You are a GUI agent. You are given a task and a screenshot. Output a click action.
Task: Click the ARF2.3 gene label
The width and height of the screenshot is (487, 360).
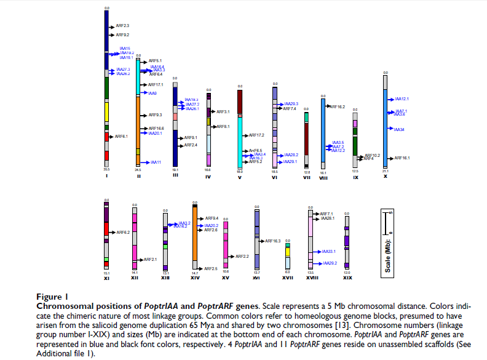point(122,26)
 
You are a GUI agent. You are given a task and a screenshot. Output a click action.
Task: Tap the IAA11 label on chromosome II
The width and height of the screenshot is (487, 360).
point(155,162)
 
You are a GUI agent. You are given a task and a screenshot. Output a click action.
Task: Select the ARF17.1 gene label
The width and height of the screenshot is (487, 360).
point(156,84)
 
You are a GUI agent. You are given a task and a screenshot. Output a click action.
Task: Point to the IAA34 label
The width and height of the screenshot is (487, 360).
point(399,130)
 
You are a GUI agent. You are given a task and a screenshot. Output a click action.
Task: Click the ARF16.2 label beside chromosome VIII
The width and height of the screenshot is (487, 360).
point(338,106)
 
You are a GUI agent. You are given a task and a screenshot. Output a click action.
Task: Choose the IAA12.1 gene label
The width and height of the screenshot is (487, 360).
point(402,98)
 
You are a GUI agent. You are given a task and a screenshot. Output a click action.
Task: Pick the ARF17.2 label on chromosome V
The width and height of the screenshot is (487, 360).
point(256,135)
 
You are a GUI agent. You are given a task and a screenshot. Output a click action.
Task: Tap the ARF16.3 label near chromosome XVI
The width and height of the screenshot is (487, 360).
point(272,241)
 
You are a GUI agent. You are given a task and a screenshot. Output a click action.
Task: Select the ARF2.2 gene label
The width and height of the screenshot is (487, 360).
point(242,256)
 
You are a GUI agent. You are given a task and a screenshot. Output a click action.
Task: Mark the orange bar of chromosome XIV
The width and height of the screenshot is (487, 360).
point(195,234)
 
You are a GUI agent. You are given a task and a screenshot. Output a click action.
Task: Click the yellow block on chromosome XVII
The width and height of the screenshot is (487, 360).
point(288,252)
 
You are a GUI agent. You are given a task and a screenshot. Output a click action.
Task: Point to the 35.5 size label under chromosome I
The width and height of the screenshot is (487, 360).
point(106,168)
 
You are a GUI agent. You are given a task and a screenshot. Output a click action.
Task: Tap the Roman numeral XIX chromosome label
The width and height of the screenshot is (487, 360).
point(347,278)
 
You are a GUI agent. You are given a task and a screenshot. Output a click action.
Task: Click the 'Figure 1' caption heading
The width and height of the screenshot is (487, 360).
point(53,297)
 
